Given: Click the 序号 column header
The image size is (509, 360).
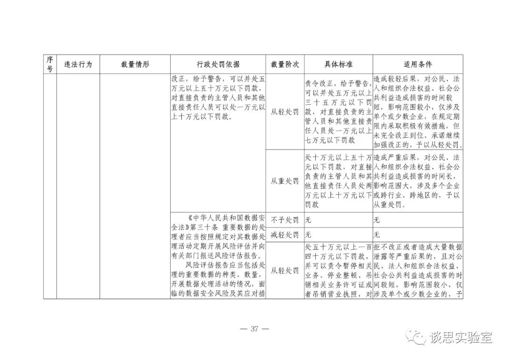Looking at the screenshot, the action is point(49,64).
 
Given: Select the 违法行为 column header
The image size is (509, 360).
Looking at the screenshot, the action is point(78,64).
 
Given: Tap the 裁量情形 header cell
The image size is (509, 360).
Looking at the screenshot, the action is point(135,64).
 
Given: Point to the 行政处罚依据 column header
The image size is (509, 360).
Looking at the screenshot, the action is point(218,64).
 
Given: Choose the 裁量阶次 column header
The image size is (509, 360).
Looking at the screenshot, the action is point(285,64).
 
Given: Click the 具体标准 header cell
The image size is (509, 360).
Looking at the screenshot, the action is point(338,64).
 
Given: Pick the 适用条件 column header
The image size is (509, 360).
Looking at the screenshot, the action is point(418,64).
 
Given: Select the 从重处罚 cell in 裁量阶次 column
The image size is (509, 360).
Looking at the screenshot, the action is point(285,181).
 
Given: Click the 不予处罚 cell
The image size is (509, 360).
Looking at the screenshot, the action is point(285,220).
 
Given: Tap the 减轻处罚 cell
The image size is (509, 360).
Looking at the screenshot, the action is point(285,234).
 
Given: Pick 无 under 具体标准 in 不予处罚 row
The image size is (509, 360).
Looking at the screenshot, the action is point(308,220).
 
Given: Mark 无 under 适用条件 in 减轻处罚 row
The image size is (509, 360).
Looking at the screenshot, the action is point(377,234).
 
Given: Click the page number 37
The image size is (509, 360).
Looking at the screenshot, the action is point(254,329).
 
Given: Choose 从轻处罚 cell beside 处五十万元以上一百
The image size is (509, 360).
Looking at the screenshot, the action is point(285,270).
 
